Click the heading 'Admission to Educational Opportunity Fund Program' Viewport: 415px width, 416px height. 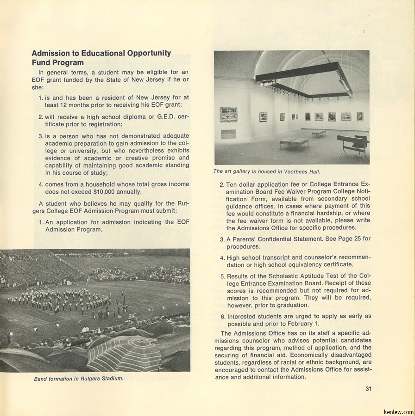[x=101, y=58]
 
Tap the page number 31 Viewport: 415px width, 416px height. [x=368, y=389]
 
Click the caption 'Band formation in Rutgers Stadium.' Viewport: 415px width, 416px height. [x=79, y=379]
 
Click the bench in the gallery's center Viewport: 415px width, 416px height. [x=294, y=142]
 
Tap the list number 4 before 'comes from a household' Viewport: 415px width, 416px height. [x=41, y=184]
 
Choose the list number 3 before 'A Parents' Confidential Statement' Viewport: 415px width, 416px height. [x=222, y=239]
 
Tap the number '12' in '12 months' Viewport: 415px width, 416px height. [x=68, y=105]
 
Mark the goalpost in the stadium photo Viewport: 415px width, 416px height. [x=175, y=276]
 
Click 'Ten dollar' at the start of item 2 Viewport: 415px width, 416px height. [x=243, y=184]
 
